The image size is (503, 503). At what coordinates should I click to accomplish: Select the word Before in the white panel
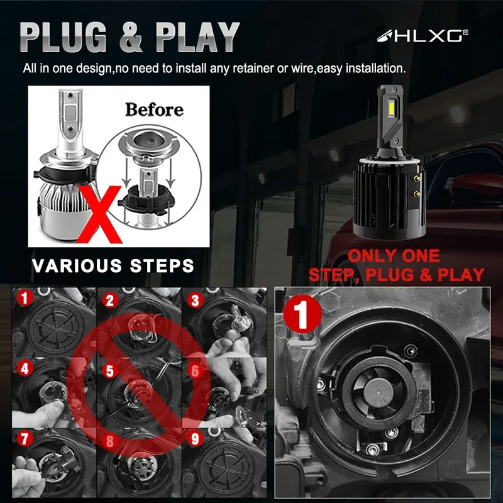coord(154,109)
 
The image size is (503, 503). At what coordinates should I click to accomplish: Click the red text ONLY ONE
coord(394,256)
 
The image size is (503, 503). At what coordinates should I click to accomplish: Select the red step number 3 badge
coord(195,301)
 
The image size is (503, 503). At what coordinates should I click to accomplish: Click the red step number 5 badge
coord(111,371)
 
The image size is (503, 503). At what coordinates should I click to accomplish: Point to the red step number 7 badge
coord(25,438)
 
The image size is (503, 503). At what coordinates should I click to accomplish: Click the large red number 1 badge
coord(302,314)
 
